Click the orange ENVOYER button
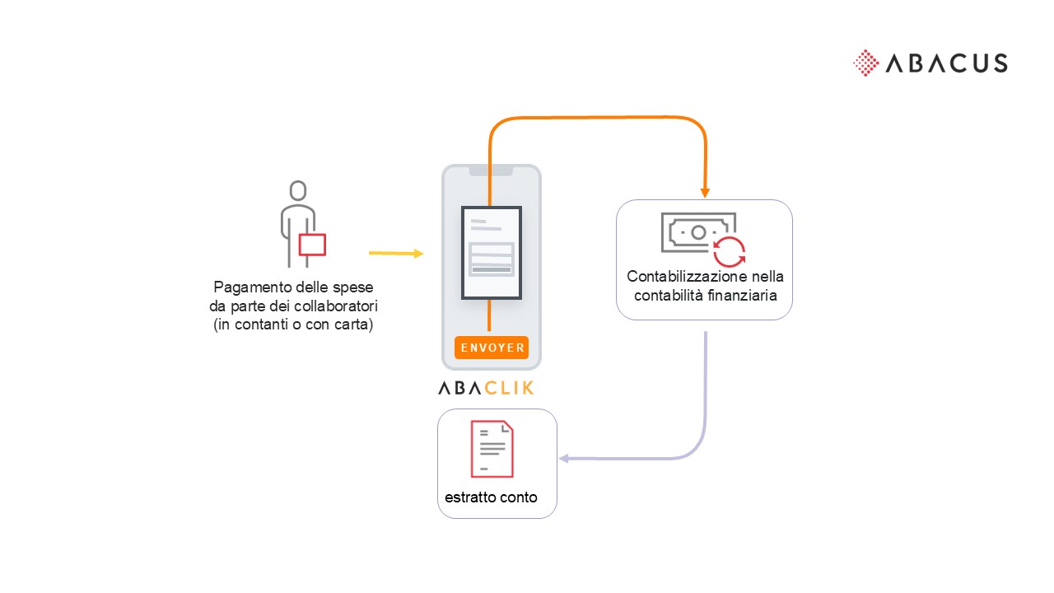click(491, 348)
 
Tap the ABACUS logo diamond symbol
click(865, 63)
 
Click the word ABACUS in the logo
click(946, 63)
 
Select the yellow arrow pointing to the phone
click(396, 253)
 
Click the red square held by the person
click(312, 245)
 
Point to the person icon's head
click(298, 190)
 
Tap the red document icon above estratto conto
click(492, 449)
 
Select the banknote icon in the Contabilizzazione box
click(698, 232)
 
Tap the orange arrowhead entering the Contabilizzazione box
click(705, 192)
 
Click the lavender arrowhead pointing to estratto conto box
click(564, 459)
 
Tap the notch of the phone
click(491, 171)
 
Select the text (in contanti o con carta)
click(292, 324)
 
